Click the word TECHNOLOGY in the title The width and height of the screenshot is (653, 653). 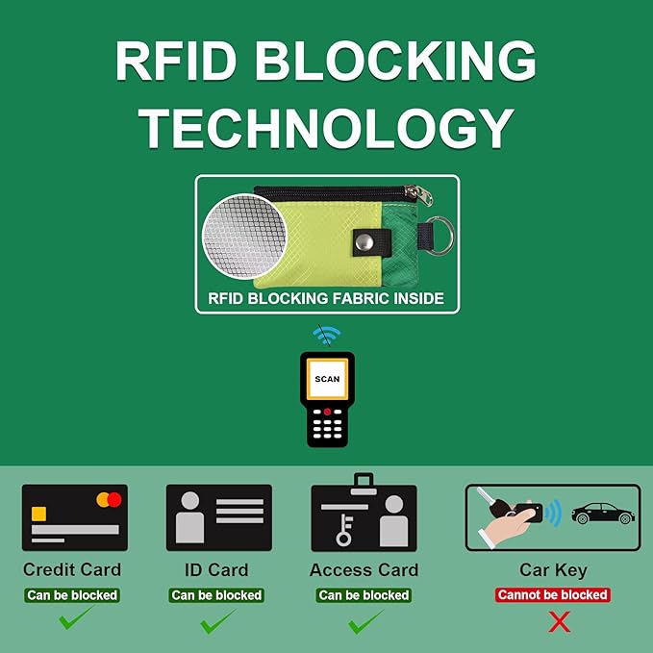point(326,128)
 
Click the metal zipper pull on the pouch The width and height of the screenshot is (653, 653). point(420,194)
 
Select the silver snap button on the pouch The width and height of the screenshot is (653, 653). point(364,242)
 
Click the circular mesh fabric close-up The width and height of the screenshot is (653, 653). point(244,237)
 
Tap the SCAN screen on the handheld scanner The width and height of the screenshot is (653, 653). point(327,379)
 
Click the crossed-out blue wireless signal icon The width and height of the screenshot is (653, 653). point(327,335)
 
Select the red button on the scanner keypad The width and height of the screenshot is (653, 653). point(327,412)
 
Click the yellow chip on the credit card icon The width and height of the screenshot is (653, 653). point(38,514)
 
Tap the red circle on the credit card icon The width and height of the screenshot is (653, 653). point(114,500)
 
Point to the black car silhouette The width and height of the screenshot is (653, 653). point(603,514)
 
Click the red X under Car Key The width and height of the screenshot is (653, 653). point(560,622)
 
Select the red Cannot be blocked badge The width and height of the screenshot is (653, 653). point(553,594)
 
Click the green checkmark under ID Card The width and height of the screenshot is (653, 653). point(216,622)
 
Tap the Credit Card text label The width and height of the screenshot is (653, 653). point(72,569)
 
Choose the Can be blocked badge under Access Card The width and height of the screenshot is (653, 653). point(364,595)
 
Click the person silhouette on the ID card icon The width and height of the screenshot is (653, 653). point(189,517)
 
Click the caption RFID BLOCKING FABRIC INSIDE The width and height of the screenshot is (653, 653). point(326,298)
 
